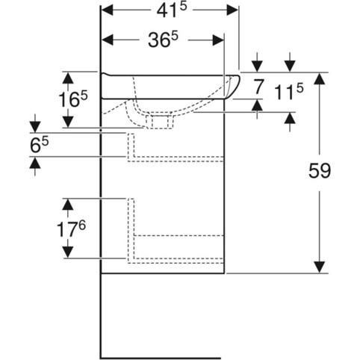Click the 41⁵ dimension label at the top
coord(172,10)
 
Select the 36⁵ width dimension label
coord(163,40)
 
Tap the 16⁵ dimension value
coord(73,99)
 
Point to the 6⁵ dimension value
coord(39,145)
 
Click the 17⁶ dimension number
coord(71,229)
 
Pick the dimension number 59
coord(320,171)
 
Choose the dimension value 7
coord(258,87)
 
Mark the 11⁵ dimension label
coord(289,92)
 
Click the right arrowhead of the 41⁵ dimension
coord(232,10)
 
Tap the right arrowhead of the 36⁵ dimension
coord(218,40)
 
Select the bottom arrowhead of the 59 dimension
coord(320,267)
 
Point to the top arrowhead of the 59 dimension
coord(320,78)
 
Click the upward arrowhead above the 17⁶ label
coord(68,205)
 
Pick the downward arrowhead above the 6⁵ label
coord(35,127)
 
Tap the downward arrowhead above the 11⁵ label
coord(290,66)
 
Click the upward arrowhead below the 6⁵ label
coord(35,163)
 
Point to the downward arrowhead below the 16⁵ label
coord(68,122)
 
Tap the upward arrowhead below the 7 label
coord(257,105)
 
